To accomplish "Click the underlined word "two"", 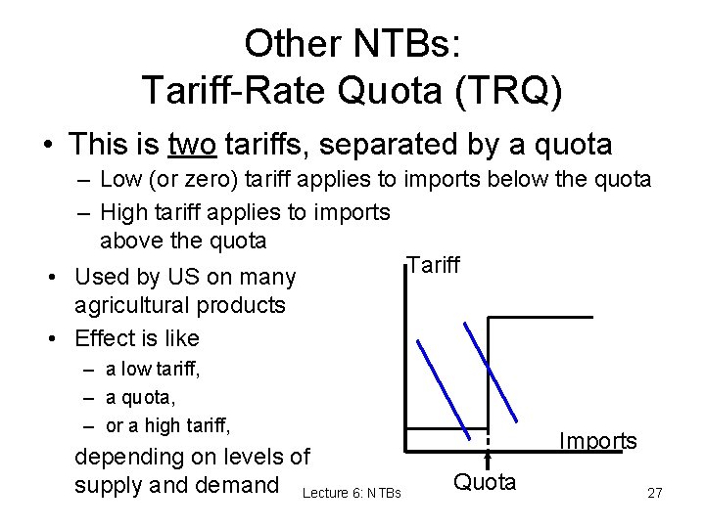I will pos(192,146).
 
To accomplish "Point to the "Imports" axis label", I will pos(597,441).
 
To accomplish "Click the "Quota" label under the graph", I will pos(485,481).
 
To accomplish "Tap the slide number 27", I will pos(655,494).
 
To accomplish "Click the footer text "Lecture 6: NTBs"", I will pos(352,493).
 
